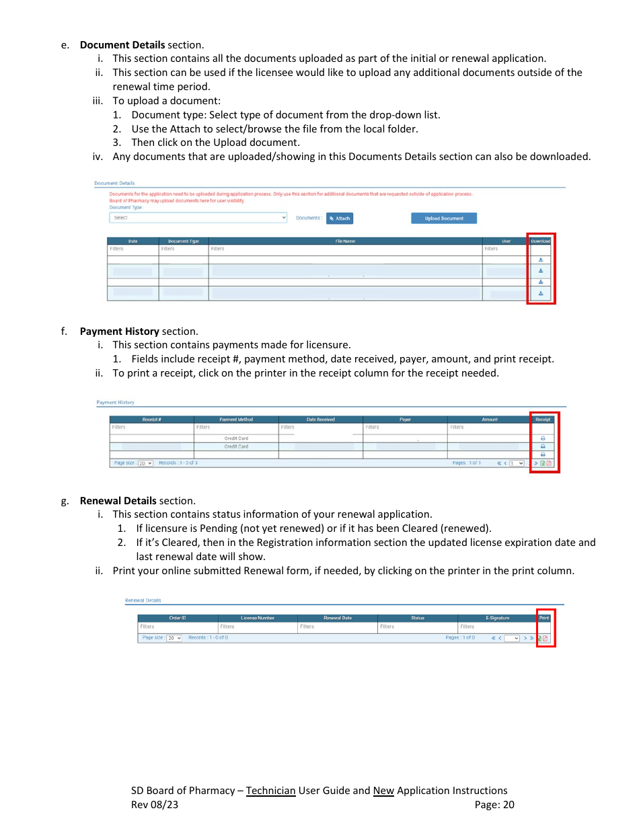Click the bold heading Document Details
tap(122, 45)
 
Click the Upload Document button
tap(443, 219)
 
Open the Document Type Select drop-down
tap(198, 218)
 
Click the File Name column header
tap(345, 241)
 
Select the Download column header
tap(540, 241)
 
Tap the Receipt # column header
tap(151, 420)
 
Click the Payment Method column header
tap(236, 420)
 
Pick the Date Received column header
tap(320, 420)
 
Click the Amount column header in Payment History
tap(489, 420)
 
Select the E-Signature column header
tap(497, 618)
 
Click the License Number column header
tap(258, 618)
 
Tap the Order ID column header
tap(178, 618)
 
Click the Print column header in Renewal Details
tap(544, 618)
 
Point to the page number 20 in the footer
tap(509, 805)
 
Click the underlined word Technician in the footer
tap(270, 791)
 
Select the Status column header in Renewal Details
tap(418, 618)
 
